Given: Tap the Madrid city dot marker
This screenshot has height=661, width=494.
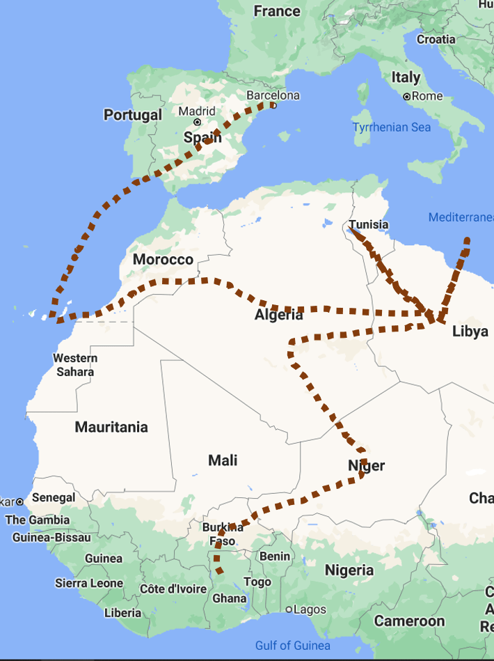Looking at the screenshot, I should tap(198, 122).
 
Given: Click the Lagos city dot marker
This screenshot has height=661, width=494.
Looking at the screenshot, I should tap(289, 609).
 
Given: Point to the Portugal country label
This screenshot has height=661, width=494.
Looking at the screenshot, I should tap(132, 115).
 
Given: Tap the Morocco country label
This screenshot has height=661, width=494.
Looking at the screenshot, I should tap(163, 260).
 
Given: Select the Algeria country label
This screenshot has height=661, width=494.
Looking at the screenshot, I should tap(278, 315).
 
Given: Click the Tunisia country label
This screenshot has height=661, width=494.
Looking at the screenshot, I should tap(369, 225).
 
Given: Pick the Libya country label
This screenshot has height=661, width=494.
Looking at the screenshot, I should tap(470, 332).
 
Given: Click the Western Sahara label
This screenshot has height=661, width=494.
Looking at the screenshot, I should tap(75, 365).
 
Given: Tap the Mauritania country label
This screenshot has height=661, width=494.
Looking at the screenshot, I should tap(111, 427).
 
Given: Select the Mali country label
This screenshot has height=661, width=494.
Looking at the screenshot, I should tap(223, 460).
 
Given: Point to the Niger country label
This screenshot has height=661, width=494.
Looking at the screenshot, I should tap(367, 466).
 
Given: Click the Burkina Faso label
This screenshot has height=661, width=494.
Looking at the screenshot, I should tap(223, 534).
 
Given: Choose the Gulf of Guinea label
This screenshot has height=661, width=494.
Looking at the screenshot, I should tap(292, 646).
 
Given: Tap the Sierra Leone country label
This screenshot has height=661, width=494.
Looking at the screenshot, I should tap(89, 583).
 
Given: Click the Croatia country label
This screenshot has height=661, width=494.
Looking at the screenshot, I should tap(436, 39).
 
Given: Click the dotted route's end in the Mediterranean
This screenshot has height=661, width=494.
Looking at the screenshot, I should tap(467, 240).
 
